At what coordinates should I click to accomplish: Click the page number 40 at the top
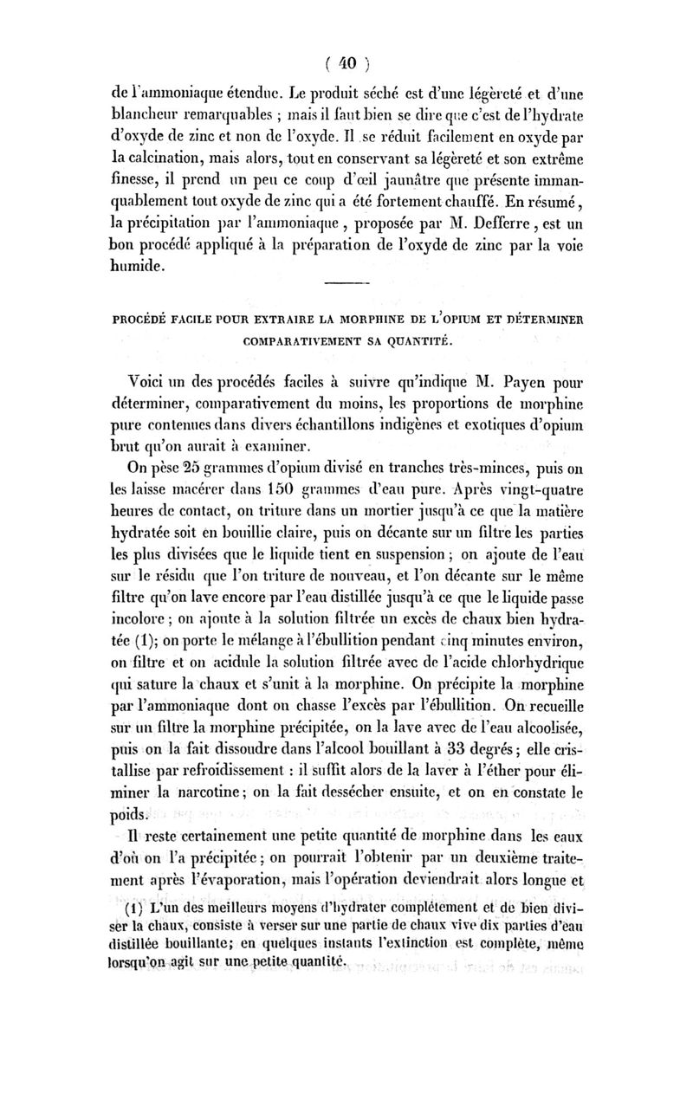pyautogui.click(x=346, y=63)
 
